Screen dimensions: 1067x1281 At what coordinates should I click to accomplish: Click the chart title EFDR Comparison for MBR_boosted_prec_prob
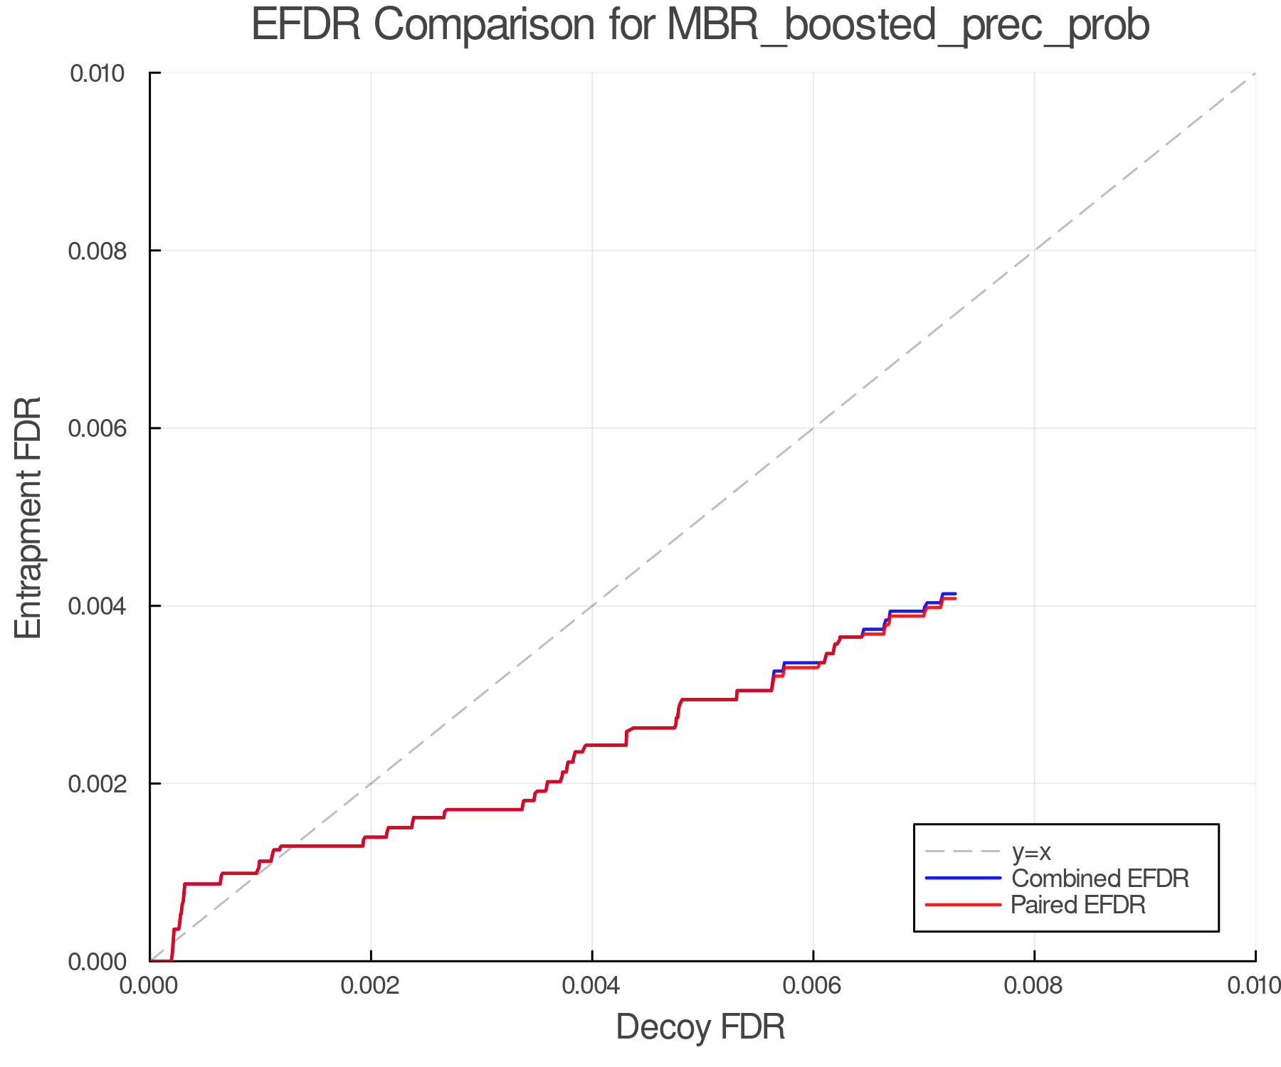700,26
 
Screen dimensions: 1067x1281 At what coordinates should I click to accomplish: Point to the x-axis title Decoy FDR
700,1027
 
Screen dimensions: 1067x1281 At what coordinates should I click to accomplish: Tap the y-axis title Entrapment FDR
28,517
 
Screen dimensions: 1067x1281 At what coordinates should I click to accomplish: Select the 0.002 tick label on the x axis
371,985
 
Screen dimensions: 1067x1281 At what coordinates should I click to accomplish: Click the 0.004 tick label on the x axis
592,985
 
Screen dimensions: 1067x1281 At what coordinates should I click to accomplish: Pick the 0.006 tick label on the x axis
813,985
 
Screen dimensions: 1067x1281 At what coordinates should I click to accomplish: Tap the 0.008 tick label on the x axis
1034,985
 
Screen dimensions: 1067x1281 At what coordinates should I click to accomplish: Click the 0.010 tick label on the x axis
1254,985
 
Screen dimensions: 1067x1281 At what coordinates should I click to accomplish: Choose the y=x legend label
1031,851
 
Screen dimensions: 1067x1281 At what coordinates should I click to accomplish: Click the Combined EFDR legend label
1100,878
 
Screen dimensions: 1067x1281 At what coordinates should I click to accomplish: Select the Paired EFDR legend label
1078,905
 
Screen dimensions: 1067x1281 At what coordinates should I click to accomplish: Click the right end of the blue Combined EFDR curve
955,593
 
